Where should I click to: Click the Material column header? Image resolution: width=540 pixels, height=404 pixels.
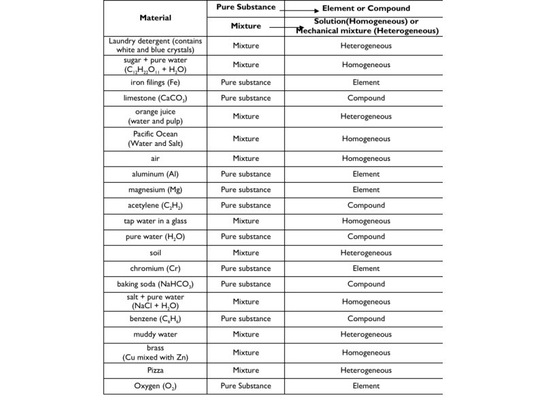pos(155,18)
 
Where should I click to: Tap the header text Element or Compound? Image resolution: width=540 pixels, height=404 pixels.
pos(366,9)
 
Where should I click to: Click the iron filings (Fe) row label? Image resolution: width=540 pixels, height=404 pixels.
pos(155,82)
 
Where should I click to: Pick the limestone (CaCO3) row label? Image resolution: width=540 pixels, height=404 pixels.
pos(155,98)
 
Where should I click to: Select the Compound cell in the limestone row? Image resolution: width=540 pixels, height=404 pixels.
pos(366,98)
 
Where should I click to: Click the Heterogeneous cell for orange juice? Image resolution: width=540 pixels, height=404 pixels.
pos(366,116)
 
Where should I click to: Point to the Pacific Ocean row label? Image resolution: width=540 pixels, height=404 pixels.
pos(155,139)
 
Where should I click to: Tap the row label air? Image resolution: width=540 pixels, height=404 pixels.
pos(155,158)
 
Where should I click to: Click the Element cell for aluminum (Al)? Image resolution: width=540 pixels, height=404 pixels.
pos(366,174)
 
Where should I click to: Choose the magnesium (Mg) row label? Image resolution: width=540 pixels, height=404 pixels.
pos(155,190)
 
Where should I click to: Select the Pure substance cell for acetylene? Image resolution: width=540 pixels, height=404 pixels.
pos(246,205)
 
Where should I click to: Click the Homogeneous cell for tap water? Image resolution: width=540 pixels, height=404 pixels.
pos(366,221)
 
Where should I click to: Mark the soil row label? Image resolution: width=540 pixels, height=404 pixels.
pos(155,253)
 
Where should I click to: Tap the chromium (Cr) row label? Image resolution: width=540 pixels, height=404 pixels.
pos(155,268)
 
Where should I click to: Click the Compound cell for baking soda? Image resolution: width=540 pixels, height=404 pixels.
pos(366,284)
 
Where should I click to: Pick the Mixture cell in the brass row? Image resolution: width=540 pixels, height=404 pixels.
pos(246,352)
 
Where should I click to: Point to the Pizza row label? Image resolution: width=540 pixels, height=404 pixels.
pos(155,370)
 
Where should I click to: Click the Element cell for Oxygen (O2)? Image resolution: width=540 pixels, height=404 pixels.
pos(366,386)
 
